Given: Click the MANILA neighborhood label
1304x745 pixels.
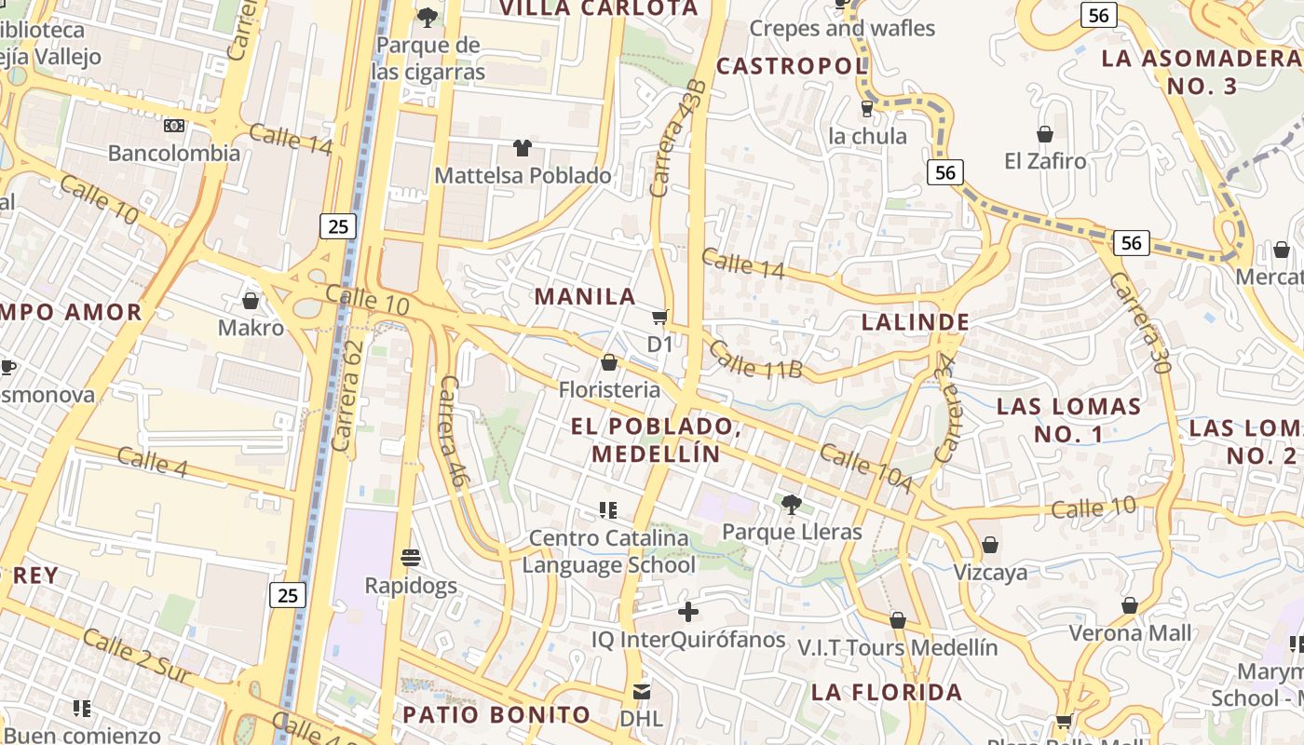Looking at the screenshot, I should pyautogui.click(x=585, y=297).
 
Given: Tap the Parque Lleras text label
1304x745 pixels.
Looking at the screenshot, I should pyautogui.click(x=792, y=533).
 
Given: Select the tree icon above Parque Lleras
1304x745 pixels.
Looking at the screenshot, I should pyautogui.click(x=792, y=505).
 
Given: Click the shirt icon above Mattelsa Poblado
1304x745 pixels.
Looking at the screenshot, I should pyautogui.click(x=523, y=148).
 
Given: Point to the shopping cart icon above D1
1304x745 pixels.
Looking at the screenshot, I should pyautogui.click(x=660, y=318).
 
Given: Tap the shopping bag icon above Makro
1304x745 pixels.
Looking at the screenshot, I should pyautogui.click(x=250, y=301).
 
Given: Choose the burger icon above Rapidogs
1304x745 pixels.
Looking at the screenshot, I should pyautogui.click(x=411, y=558).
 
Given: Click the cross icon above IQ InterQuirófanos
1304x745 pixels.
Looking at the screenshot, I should pyautogui.click(x=687, y=612).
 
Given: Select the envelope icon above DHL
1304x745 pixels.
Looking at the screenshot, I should pyautogui.click(x=641, y=692).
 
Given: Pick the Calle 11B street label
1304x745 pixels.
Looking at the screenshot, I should pyautogui.click(x=754, y=359).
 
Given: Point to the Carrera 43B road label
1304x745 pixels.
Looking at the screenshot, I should pyautogui.click(x=678, y=139).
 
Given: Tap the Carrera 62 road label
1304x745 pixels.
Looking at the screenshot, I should pyautogui.click(x=346, y=396).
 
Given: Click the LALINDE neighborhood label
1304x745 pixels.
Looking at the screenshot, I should pyautogui.click(x=916, y=322).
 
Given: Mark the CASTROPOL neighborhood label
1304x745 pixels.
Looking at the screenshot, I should pyautogui.click(x=792, y=66).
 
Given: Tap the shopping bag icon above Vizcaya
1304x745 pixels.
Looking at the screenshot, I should pyautogui.click(x=989, y=545).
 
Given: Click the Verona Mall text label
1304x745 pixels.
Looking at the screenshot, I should pyautogui.click(x=1130, y=633).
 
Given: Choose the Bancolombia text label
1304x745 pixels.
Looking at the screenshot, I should pyautogui.click(x=174, y=154).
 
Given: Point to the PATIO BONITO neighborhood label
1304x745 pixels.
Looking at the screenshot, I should pyautogui.click(x=496, y=715).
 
